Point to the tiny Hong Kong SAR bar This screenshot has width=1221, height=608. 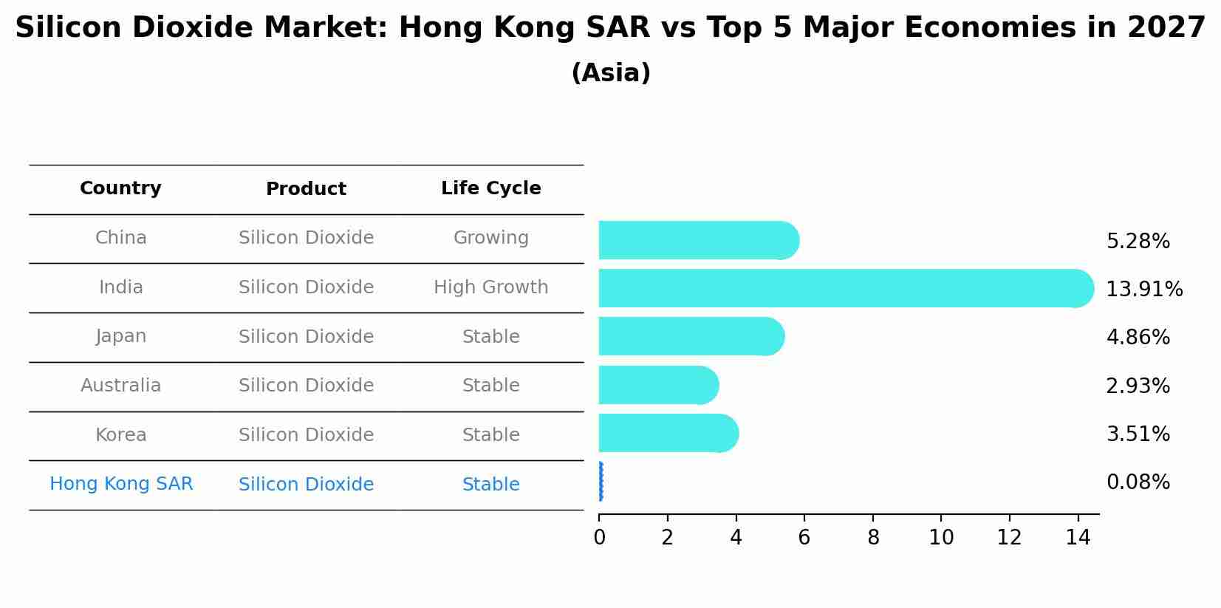[x=601, y=482]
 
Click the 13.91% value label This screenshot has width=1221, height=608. [x=1143, y=289]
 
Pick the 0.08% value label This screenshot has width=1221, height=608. [x=1138, y=482]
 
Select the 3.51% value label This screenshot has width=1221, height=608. [x=1138, y=434]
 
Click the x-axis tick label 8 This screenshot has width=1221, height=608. [x=873, y=538]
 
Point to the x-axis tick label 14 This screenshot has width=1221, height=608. [x=1078, y=538]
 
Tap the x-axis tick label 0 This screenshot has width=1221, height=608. [x=599, y=538]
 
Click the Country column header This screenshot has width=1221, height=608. [x=120, y=188]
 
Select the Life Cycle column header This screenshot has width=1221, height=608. [x=490, y=188]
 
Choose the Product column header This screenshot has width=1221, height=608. [x=306, y=189]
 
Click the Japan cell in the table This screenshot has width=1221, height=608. [x=120, y=336]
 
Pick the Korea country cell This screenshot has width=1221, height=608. [x=120, y=434]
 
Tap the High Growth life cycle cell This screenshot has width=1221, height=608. [x=490, y=287]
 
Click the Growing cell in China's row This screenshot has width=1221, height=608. [x=490, y=238]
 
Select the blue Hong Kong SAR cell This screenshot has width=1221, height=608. [x=121, y=484]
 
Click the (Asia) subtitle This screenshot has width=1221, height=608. [x=611, y=73]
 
